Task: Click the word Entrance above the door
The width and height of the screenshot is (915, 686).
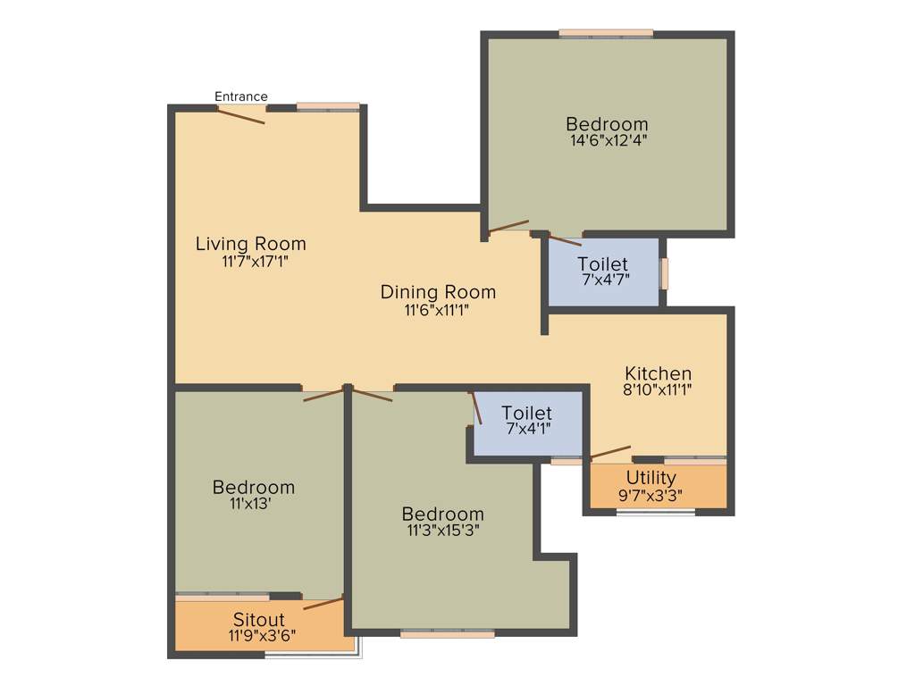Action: [x=240, y=96]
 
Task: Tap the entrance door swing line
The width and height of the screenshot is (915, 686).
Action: [x=241, y=115]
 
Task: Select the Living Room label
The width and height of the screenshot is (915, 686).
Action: [x=250, y=244]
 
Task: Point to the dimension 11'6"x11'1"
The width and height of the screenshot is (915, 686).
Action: [x=437, y=310]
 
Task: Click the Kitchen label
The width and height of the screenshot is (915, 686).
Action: [x=658, y=373]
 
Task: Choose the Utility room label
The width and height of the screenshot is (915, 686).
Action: [x=651, y=478]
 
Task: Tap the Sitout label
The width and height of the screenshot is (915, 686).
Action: [x=259, y=619]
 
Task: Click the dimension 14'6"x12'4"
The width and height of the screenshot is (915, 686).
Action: [x=608, y=140]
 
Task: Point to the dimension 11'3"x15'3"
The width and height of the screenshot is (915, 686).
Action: [x=442, y=531]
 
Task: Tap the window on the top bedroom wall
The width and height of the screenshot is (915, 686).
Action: [x=606, y=34]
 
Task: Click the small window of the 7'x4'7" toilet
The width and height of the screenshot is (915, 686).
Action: [x=664, y=273]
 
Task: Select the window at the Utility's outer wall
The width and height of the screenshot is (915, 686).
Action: [x=656, y=513]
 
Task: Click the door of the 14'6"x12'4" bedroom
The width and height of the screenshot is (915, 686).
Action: [x=508, y=226]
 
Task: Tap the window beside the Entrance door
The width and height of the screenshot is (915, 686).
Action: [x=328, y=106]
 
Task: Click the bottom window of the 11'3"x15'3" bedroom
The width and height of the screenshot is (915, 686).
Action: [x=447, y=633]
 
